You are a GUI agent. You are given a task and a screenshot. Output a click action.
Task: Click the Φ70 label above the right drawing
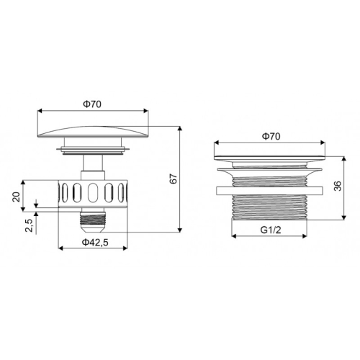pyautogui.click(x=271, y=135)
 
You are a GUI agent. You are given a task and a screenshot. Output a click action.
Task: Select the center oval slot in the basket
pyautogui.click(x=94, y=194)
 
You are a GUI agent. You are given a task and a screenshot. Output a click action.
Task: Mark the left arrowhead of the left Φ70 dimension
pyautogui.click(x=40, y=111)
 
